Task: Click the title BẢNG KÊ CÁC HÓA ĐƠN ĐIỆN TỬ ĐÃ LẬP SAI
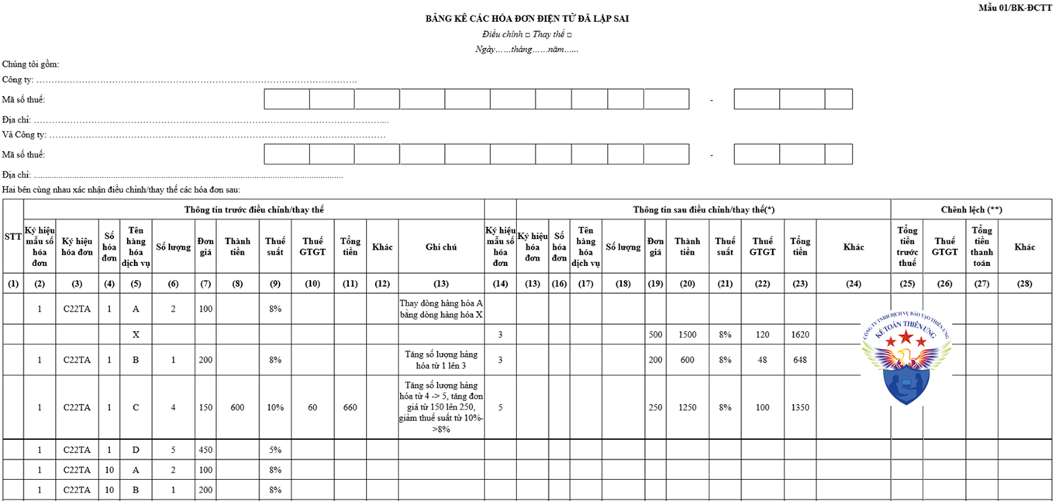527,19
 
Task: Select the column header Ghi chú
441,247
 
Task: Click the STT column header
13,236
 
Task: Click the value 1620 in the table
800,335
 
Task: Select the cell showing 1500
686,335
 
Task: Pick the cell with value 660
350,407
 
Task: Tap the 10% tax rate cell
275,407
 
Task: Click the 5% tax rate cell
275,450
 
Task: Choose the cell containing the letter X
136,335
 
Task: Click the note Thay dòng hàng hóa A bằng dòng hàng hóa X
441,309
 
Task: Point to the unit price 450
205,450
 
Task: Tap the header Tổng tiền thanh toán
981,247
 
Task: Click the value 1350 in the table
800,407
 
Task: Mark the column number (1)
13,284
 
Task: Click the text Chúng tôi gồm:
30,64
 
